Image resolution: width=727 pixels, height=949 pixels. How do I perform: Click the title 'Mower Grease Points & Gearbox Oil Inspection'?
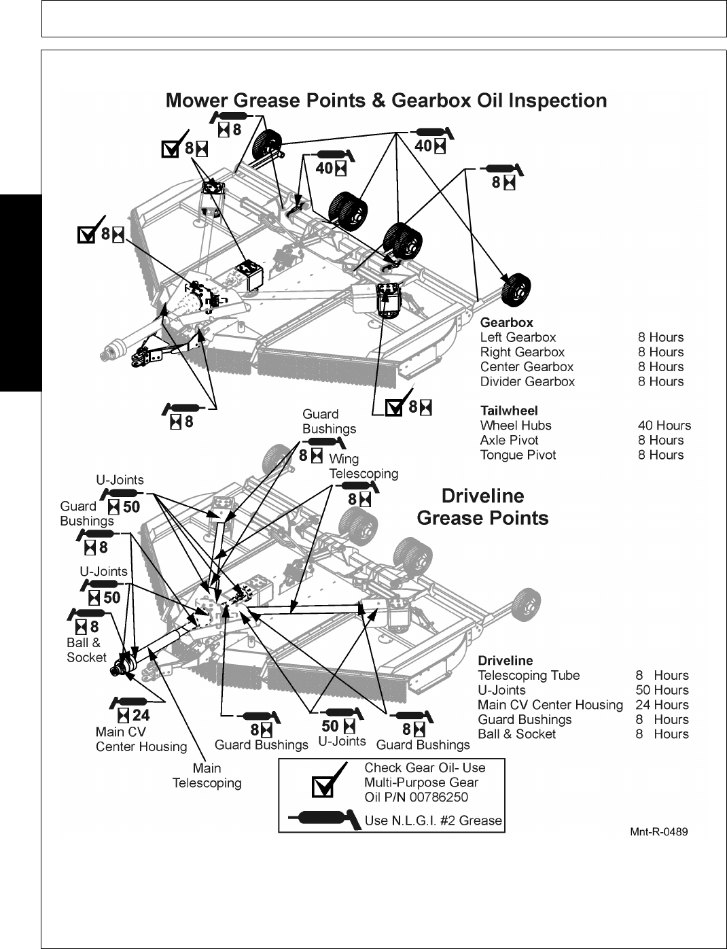pos(386,101)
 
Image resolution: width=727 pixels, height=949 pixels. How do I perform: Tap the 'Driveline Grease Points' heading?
pos(482,506)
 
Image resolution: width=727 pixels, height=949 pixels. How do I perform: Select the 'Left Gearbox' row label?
pos(518,337)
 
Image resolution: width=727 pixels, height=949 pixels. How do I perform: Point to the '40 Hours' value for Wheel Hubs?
pos(664,426)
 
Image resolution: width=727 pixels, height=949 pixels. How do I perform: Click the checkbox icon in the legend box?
pos(323,785)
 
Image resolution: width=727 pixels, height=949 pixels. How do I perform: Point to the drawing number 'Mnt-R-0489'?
pos(658,831)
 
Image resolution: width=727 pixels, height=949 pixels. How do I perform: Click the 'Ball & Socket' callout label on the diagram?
pos(86,650)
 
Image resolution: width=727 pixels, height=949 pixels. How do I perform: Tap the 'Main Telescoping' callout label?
pos(207,776)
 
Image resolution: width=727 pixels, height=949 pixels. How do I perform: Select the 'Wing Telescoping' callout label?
pos(363,466)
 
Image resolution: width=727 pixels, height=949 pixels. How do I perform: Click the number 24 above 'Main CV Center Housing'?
pos(141,715)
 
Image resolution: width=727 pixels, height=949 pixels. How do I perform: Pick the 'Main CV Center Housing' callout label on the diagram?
pos(141,740)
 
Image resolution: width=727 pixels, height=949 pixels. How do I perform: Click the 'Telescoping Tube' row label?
pos(529,676)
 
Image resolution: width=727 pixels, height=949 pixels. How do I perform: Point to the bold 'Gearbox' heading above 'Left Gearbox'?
pos(506,323)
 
